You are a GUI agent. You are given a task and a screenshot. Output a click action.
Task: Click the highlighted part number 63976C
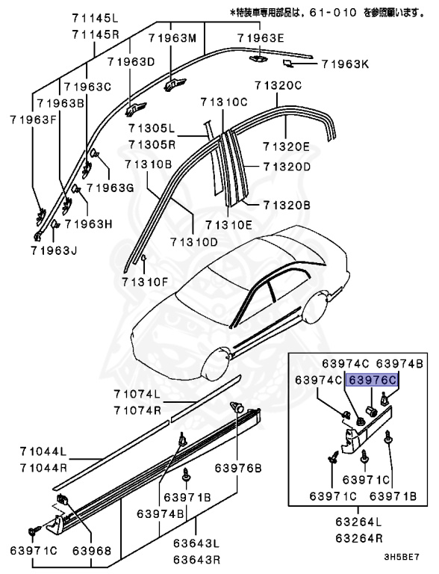pos(373,380)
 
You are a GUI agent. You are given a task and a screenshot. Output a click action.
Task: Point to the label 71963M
pos(172,37)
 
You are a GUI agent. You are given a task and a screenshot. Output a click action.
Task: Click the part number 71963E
pos(262,37)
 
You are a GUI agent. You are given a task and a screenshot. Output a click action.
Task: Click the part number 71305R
pos(152,143)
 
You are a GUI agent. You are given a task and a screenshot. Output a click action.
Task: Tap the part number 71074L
pos(137,394)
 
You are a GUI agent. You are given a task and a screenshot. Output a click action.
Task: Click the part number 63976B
pos(238,469)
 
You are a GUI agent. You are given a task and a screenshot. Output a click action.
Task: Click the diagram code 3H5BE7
pos(402,558)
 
